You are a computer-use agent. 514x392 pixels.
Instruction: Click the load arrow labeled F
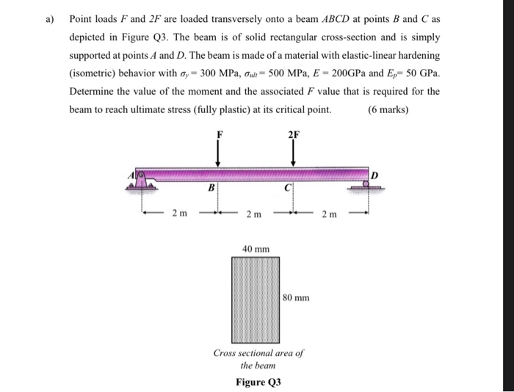click(218, 153)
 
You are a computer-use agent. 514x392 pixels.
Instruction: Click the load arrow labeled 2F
click(293, 153)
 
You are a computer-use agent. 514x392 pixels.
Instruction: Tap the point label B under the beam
click(211, 187)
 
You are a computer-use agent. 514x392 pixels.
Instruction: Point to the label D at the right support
click(374, 174)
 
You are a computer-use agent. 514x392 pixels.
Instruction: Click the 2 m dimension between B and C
click(252, 213)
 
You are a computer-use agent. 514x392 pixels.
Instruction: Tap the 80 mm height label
click(297, 298)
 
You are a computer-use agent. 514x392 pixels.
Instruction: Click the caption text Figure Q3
click(258, 382)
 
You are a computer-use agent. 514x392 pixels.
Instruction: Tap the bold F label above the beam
click(218, 135)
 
